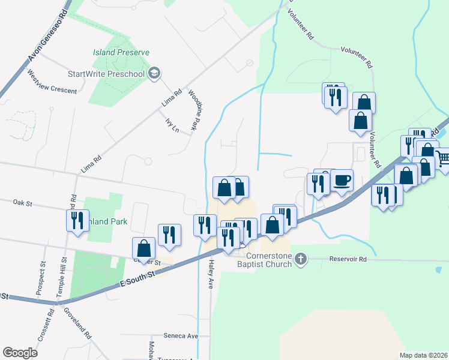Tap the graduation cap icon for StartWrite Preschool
(154, 73)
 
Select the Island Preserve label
(121, 53)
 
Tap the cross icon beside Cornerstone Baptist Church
(301, 259)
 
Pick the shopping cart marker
(442, 159)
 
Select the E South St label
(137, 277)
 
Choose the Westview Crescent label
(52, 82)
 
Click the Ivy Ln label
(172, 126)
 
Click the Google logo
(20, 352)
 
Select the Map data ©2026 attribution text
(424, 355)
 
